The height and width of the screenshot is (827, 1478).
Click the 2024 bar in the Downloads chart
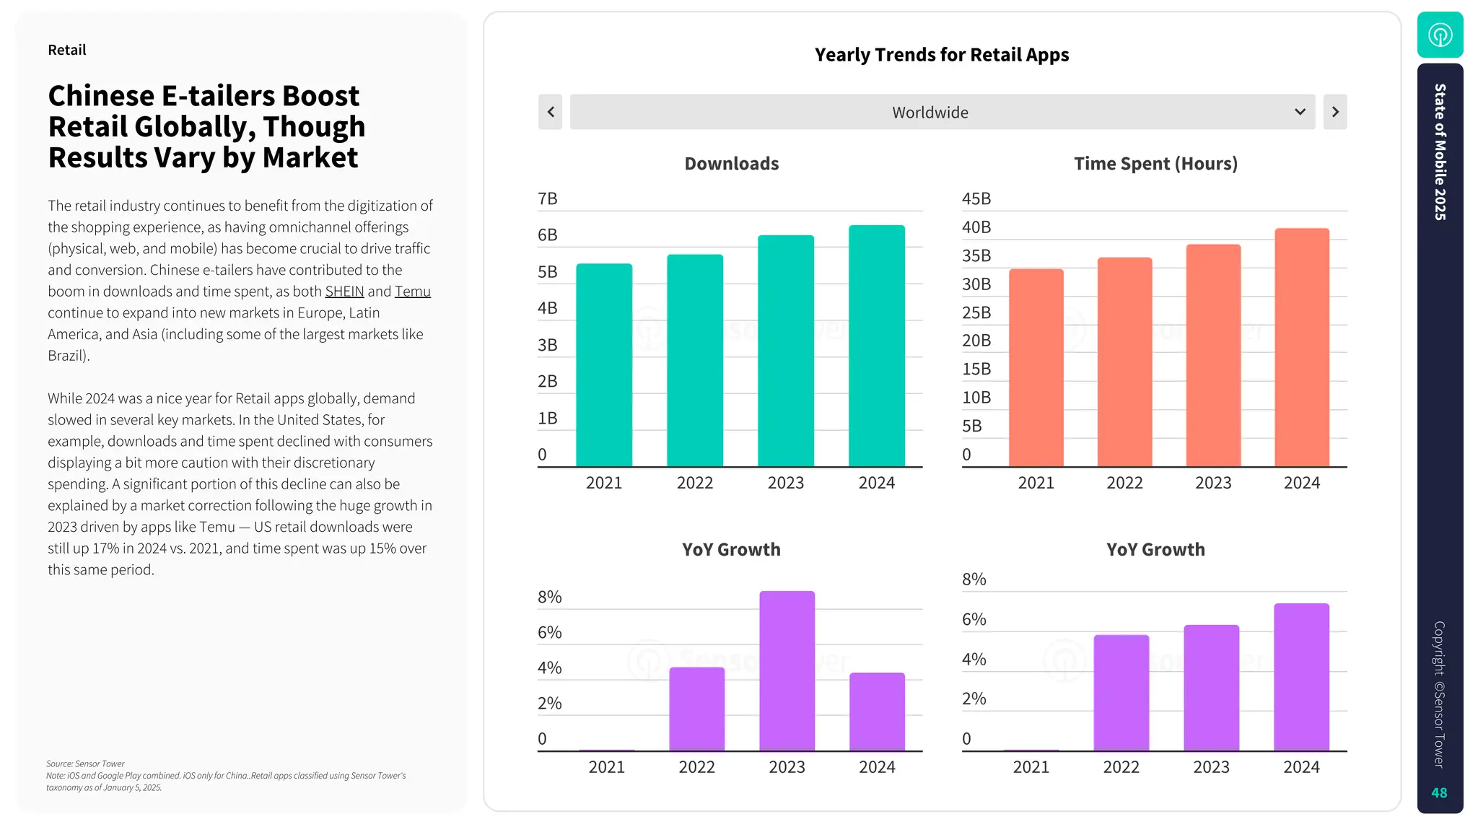click(876, 346)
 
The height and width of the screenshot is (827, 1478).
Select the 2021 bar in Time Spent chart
click(1036, 368)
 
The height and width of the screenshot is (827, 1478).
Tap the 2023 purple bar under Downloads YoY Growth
click(787, 671)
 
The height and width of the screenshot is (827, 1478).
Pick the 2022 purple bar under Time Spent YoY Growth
click(1121, 693)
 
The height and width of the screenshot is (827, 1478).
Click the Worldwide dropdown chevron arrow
click(1300, 112)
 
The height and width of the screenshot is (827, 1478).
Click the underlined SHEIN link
click(344, 292)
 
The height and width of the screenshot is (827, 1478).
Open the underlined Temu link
click(412, 292)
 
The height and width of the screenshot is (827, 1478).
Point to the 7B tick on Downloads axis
click(548, 199)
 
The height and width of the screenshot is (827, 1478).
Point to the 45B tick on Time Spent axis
click(976, 199)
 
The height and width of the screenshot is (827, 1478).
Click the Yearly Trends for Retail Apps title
click(942, 55)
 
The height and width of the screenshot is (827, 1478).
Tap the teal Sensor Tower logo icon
click(1440, 35)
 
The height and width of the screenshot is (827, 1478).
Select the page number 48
click(1439, 793)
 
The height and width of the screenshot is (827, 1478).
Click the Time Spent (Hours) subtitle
click(1155, 164)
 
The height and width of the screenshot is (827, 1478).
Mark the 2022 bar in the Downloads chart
click(694, 361)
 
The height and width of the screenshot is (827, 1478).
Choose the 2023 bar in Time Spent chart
click(1213, 356)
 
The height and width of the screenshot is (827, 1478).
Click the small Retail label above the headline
click(67, 51)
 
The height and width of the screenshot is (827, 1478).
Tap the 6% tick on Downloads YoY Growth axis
click(549, 633)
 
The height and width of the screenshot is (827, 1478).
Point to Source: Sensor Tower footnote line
click(85, 763)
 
